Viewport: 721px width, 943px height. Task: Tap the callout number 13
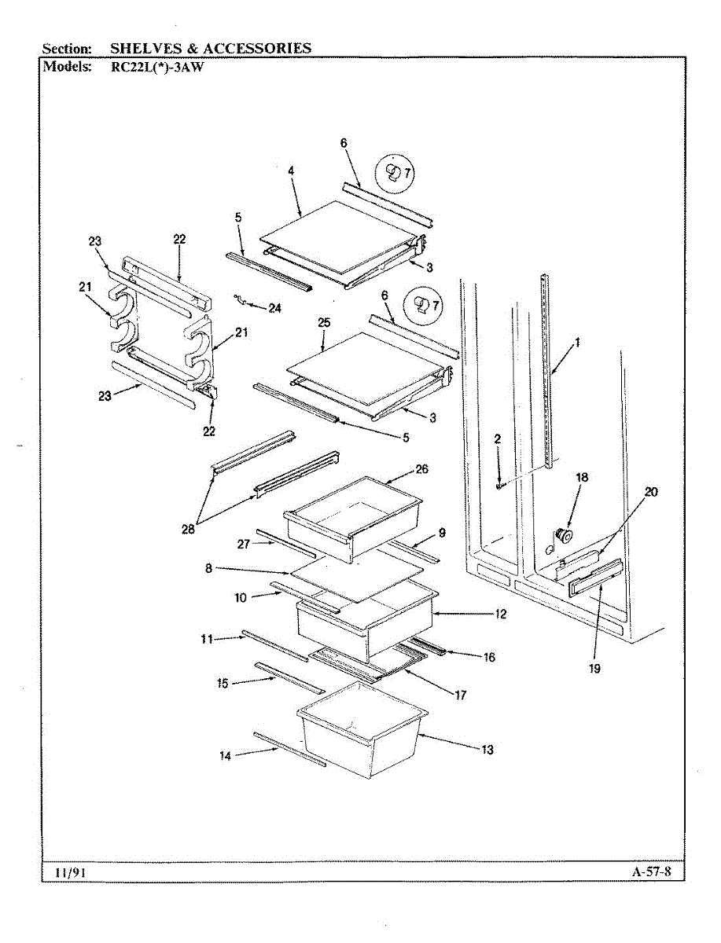point(487,750)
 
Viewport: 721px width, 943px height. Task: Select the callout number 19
point(594,669)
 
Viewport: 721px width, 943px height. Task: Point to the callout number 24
point(274,308)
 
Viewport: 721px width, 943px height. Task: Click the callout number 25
point(323,323)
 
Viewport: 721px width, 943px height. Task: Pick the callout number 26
point(421,469)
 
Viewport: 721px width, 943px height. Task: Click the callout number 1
point(578,342)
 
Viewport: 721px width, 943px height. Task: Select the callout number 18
point(581,477)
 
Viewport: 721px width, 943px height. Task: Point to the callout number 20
point(651,493)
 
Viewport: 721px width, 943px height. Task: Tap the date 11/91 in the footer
point(70,872)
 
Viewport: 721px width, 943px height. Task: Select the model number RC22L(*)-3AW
point(158,66)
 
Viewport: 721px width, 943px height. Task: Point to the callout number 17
point(460,695)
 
